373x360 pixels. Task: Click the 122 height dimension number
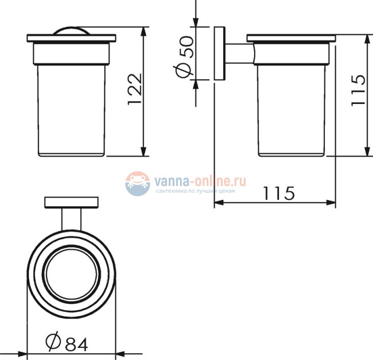(x=135, y=89)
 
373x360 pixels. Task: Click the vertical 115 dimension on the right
(x=358, y=90)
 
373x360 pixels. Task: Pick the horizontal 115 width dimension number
(x=279, y=193)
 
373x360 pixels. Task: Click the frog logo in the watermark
(x=138, y=184)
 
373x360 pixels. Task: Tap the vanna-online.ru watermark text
(x=200, y=181)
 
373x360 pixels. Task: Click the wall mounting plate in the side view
(x=219, y=53)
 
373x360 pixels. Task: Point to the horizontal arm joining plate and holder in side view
(x=240, y=54)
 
